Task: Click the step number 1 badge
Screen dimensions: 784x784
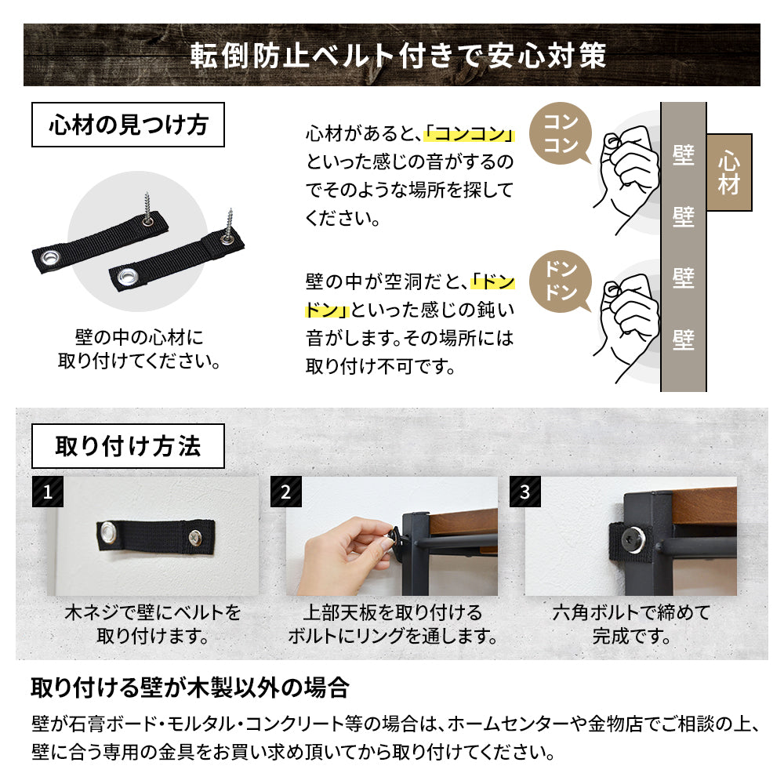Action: (48, 492)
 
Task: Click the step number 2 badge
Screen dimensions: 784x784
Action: (286, 492)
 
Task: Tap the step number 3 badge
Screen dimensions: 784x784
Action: (525, 492)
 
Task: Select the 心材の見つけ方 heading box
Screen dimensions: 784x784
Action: (128, 125)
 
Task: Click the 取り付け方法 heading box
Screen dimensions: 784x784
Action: (128, 446)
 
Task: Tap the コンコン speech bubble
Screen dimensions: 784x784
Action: (561, 133)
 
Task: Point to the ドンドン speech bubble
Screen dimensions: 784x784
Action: (561, 281)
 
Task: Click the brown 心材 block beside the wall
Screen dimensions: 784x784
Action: (729, 172)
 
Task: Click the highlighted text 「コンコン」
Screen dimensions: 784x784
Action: (469, 134)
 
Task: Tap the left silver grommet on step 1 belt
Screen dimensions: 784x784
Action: (108, 532)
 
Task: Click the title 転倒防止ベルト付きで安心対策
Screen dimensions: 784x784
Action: (398, 55)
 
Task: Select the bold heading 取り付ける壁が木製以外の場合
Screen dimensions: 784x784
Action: (190, 688)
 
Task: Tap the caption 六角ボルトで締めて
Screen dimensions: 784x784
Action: (631, 612)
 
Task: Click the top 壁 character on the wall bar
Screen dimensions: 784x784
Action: (684, 155)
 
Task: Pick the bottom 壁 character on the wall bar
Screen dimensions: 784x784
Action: (684, 339)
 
